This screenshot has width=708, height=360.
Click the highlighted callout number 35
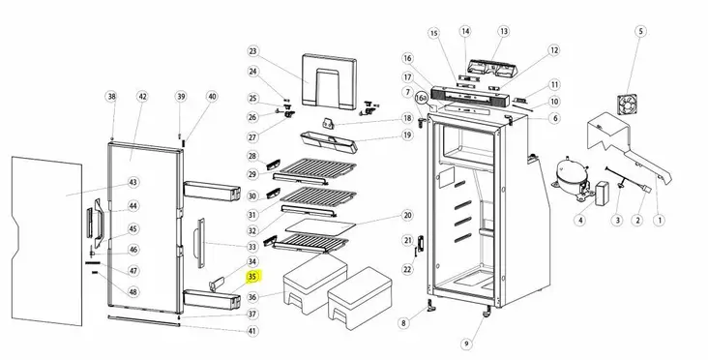[x=252, y=277]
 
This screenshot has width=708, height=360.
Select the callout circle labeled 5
[x=640, y=31]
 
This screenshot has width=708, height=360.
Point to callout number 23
[x=252, y=51]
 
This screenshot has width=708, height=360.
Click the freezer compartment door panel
[x=329, y=81]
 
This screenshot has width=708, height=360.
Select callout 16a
[x=421, y=98]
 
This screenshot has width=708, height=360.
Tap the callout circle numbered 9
[x=466, y=344]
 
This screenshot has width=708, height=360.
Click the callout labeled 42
[x=143, y=96]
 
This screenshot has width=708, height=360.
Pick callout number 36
[x=252, y=297]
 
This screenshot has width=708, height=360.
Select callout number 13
[x=504, y=31]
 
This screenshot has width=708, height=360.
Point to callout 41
[x=252, y=331]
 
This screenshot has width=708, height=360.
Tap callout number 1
[x=660, y=221]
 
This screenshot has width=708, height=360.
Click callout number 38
[x=111, y=96]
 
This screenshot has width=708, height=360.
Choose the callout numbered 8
[x=403, y=323]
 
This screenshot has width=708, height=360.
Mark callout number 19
[x=407, y=135]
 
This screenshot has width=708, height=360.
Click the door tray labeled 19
[x=329, y=142]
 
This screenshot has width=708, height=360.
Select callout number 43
[x=133, y=182]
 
